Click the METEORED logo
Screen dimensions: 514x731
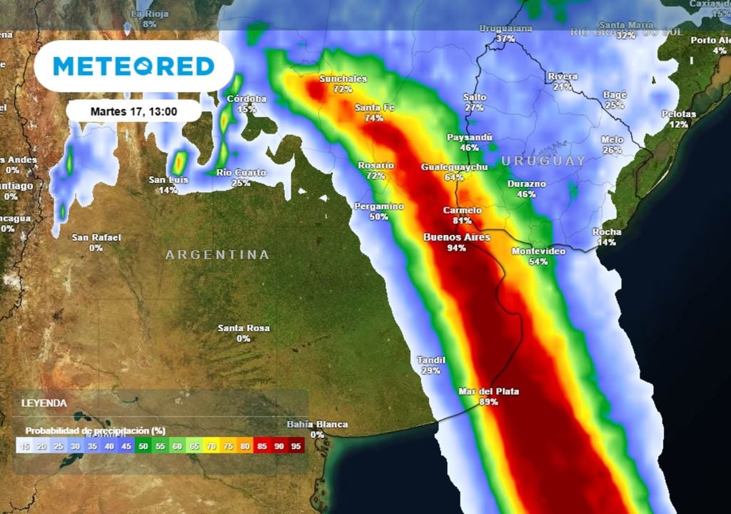[133, 66]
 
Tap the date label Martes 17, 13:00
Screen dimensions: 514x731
[134, 111]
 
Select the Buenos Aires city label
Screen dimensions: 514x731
[456, 238]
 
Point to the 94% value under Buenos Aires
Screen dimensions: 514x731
[456, 248]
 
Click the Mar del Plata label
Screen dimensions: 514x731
[489, 391]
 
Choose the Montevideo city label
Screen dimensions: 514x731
[538, 251]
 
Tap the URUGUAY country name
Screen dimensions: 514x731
[543, 161]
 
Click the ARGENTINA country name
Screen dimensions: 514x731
[218, 255]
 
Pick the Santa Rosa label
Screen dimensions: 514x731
[243, 328]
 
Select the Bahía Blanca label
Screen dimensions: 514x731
[317, 425]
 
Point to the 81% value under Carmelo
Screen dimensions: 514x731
[462, 221]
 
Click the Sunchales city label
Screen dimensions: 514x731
[343, 79]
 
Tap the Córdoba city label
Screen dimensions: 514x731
[246, 99]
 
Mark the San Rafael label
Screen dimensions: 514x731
[96, 237]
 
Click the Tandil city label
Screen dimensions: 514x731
[431, 361]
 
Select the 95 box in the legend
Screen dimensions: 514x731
[296, 445]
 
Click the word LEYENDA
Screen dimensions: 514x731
[44, 403]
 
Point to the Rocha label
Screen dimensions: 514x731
[607, 232]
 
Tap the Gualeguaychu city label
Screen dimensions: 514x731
[454, 167]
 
